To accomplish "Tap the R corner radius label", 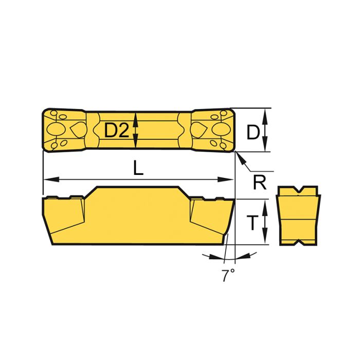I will point(260,182).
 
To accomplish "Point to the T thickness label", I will point(251,223).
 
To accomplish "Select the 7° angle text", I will point(228,275).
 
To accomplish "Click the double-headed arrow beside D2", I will point(136,130).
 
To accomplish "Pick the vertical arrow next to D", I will point(266,130).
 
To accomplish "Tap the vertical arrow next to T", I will point(266,222).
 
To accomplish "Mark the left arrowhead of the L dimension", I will point(48,179).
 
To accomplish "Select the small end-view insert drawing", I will point(298,215).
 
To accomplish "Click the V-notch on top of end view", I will point(298,191).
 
